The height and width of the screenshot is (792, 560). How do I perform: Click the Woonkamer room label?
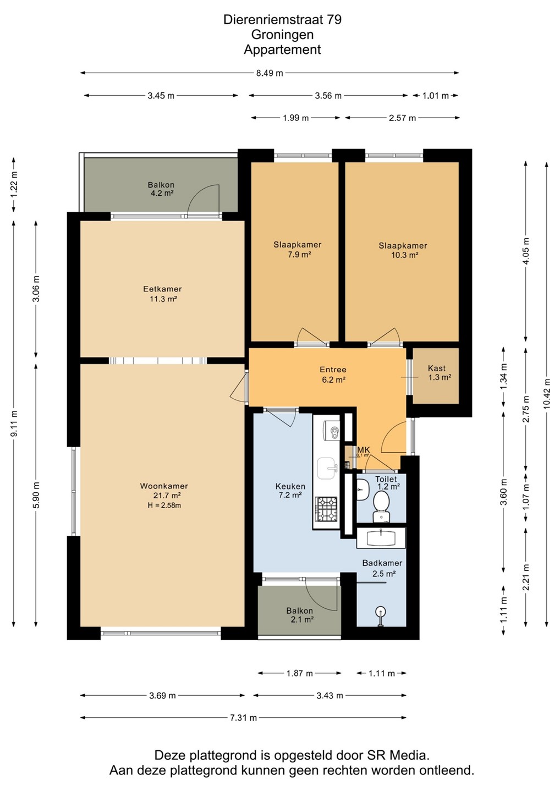coord(164,486)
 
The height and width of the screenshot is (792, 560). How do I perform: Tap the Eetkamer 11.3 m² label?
coord(163,294)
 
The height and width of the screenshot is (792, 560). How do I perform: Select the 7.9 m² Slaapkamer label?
coord(297,249)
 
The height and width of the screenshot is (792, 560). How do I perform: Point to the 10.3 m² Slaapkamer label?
coord(403,250)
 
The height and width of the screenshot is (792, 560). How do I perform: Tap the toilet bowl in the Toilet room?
coord(381,507)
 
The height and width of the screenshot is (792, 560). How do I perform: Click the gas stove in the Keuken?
coord(326,509)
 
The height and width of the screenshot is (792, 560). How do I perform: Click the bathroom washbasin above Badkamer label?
coord(381,538)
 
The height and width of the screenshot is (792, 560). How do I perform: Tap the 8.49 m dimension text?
coord(270,73)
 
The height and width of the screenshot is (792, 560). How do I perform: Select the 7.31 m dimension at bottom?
coord(243,718)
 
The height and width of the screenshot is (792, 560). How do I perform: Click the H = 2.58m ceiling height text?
coord(164,505)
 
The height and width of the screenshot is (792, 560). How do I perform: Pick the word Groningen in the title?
coord(282,35)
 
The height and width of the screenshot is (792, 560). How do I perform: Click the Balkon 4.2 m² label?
coord(161,189)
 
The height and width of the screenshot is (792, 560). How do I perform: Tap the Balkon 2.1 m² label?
coord(300,615)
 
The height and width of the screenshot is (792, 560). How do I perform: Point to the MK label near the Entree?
coord(364,449)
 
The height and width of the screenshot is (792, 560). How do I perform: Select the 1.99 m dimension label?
coord(295,118)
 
